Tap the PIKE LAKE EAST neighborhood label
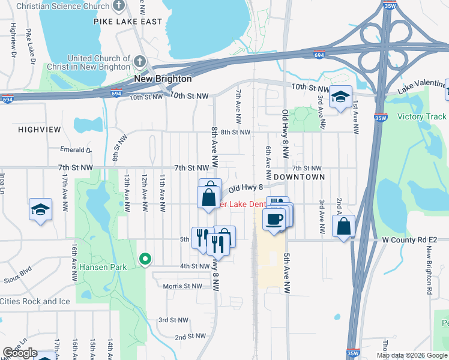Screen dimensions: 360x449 coord(128,22)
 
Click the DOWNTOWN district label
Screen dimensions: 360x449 coord(299,177)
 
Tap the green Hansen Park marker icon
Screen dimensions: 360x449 coord(145,259)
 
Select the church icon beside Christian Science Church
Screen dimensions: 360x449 coord(119,7)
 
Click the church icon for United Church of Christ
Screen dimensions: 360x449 coord(140,62)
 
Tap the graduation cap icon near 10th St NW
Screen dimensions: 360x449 coord(340,97)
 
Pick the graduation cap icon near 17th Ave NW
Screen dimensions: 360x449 coord(40,209)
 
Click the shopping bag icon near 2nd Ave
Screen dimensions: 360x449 coord(343,226)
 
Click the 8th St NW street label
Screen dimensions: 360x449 coord(235,132)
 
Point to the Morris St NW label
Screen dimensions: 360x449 coord(182,286)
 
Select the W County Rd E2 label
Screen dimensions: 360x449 coord(410,241)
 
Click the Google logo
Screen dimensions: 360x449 coord(20,353)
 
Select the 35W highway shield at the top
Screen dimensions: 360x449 coord(388,5)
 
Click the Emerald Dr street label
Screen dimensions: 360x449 coord(75,149)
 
